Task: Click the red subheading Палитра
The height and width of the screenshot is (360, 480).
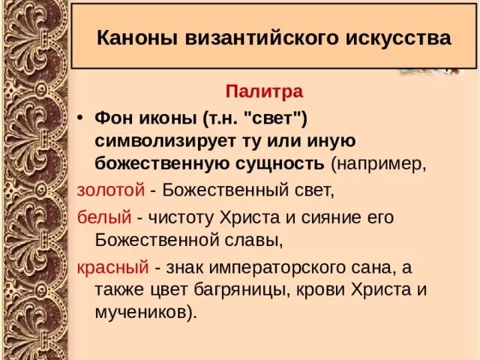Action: click(x=265, y=92)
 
